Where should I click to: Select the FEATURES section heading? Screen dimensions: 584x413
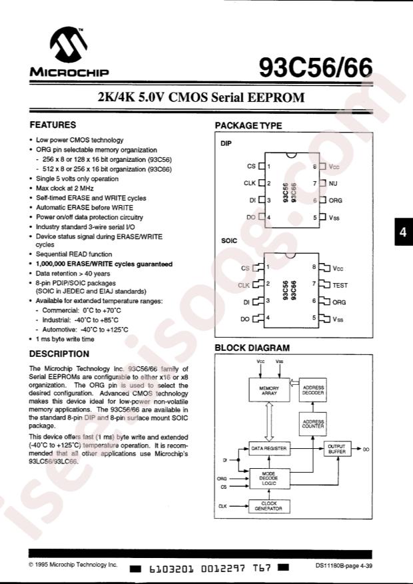[53, 125]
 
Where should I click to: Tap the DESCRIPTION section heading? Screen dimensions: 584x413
[59, 354]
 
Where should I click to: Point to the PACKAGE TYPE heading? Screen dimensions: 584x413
[248, 126]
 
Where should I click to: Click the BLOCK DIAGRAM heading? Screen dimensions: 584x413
[252, 348]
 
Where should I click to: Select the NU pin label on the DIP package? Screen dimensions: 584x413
[333, 183]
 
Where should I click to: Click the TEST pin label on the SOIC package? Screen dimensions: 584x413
[339, 285]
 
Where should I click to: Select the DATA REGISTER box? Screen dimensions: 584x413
[268, 448]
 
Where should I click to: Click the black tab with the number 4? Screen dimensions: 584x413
[403, 232]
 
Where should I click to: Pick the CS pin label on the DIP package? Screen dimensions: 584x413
[250, 166]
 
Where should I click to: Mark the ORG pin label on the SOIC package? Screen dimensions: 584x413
[339, 302]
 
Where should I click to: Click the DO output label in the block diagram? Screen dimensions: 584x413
[366, 449]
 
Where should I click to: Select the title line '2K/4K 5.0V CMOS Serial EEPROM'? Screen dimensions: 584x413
[201, 97]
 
